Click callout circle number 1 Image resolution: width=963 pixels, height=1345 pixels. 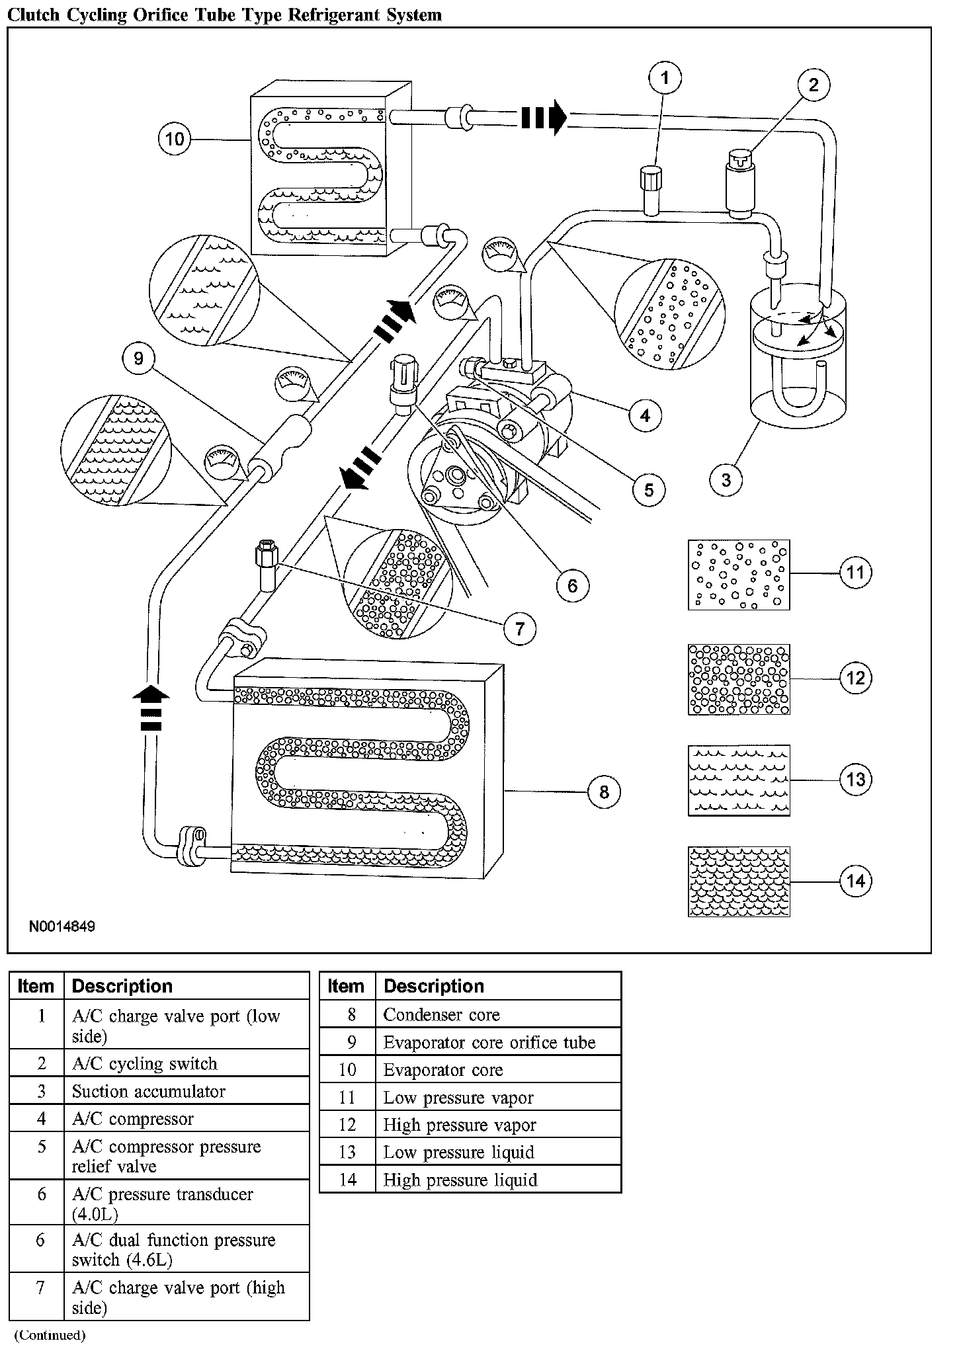tap(665, 79)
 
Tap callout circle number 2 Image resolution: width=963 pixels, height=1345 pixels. tap(814, 85)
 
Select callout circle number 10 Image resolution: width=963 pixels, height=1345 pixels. tap(175, 139)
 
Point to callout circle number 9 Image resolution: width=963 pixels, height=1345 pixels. tap(138, 358)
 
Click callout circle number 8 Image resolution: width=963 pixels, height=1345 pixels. tap(604, 792)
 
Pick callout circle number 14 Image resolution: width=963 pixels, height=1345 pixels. tap(855, 881)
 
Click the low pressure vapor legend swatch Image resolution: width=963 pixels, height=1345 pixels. tap(739, 574)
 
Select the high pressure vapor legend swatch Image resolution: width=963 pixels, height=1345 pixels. tap(739, 679)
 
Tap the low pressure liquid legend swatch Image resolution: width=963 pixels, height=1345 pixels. tap(739, 780)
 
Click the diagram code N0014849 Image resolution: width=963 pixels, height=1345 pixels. tap(62, 926)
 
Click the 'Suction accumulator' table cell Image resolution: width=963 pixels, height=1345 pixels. tap(148, 1091)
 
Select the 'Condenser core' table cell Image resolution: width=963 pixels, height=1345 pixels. tap(441, 1014)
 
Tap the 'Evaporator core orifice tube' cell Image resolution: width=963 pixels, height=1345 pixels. tap(489, 1042)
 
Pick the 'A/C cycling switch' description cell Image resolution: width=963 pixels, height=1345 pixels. tap(144, 1063)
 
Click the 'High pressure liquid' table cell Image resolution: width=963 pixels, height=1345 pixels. tap(460, 1180)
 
